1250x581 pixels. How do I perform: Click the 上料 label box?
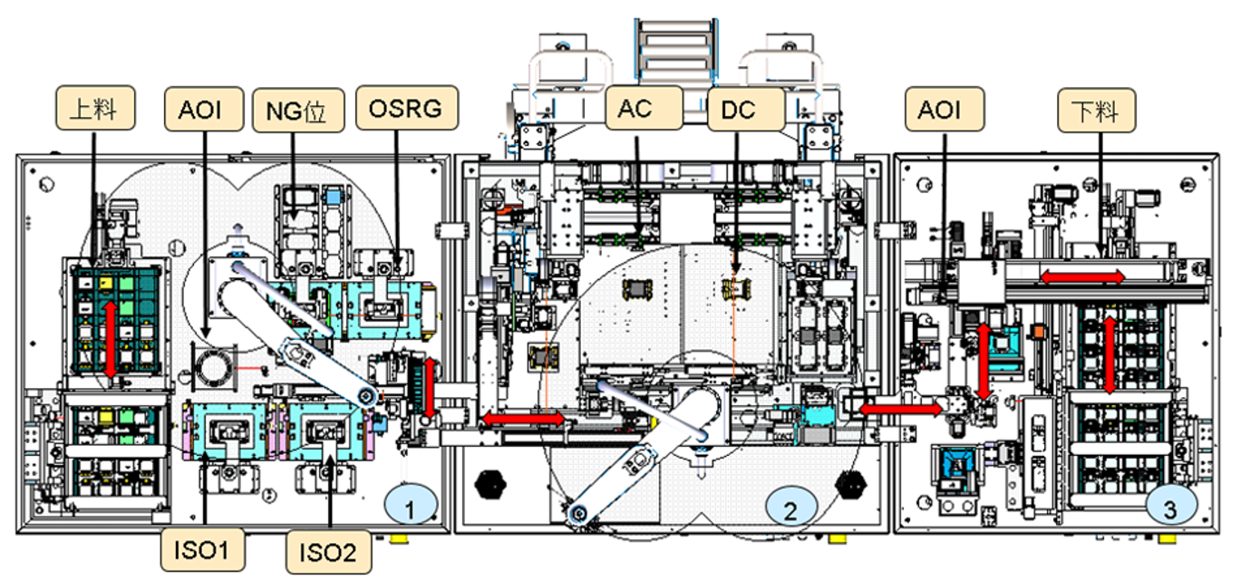click(x=95, y=108)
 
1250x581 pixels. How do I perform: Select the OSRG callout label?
click(x=406, y=108)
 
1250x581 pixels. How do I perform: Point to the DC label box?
click(x=744, y=108)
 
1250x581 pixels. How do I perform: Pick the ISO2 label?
click(x=327, y=550)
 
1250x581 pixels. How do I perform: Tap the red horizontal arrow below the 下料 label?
click(x=1082, y=276)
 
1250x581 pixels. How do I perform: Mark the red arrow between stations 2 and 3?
click(x=900, y=409)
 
